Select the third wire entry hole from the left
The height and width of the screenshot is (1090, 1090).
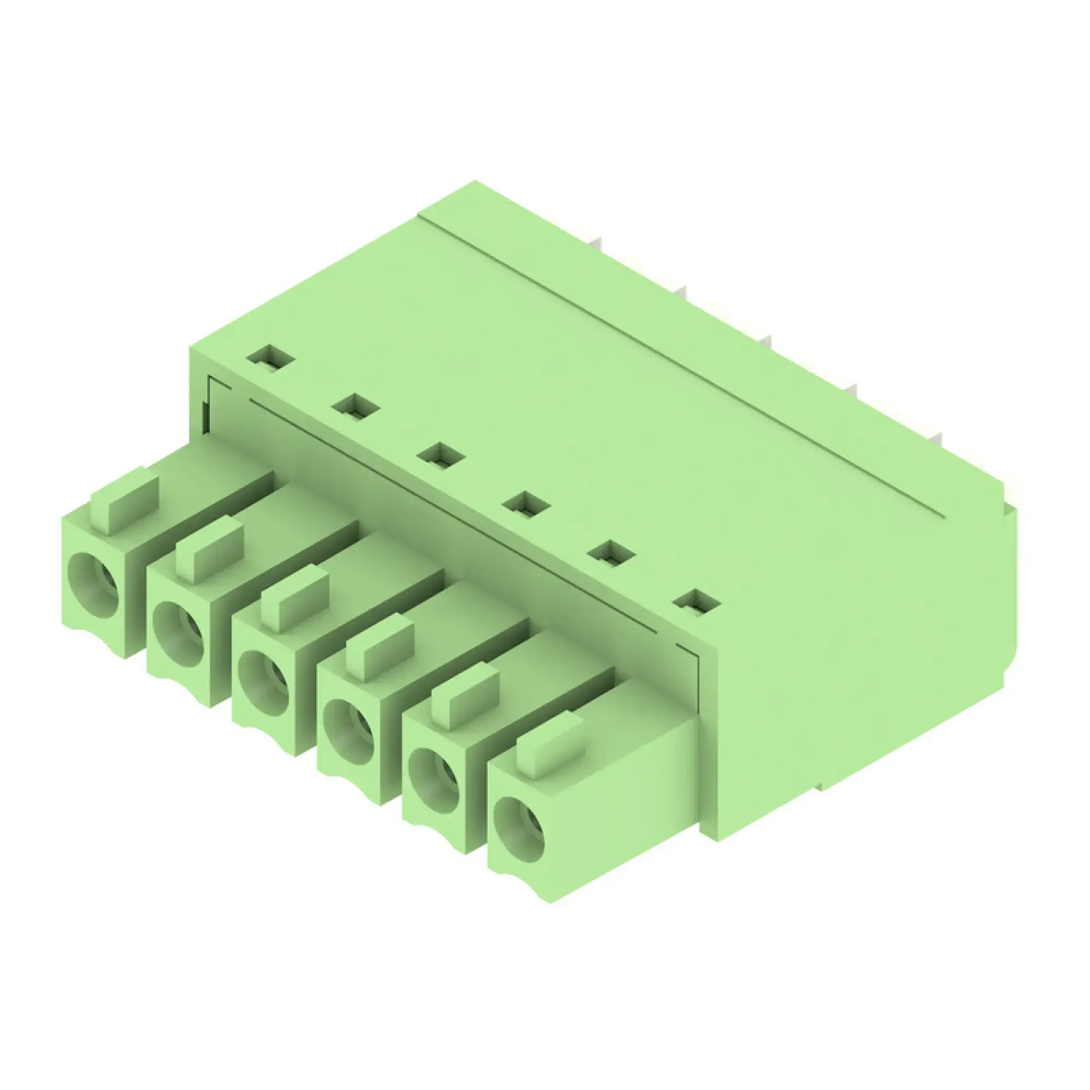pos(264,683)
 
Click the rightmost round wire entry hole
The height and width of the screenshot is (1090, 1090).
pos(519,829)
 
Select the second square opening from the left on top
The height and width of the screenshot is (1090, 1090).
pos(356,407)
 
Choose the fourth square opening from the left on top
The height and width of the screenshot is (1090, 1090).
pos(526,504)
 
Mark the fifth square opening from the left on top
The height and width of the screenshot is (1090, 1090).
pos(612,554)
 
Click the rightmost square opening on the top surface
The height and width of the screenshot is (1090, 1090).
pos(698,603)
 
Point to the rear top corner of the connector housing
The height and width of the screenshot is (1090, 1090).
pos(475,183)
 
